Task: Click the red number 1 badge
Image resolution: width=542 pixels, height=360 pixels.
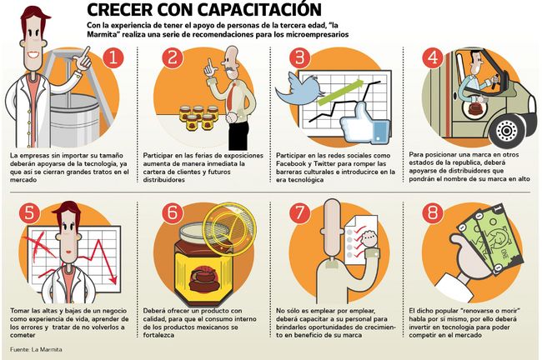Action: click(113, 57)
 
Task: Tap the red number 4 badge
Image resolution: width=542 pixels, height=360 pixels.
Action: click(433, 57)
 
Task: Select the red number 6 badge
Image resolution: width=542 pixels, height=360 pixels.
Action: click(172, 212)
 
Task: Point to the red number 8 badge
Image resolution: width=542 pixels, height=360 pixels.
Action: click(433, 212)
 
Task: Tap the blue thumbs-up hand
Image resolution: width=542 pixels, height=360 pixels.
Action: click(364, 123)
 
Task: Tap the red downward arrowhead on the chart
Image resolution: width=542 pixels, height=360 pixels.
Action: click(113, 279)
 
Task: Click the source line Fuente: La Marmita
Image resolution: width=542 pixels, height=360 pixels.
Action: click(36, 350)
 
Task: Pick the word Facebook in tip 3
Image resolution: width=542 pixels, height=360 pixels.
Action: click(290, 164)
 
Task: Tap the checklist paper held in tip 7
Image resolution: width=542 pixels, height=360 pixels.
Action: click(361, 239)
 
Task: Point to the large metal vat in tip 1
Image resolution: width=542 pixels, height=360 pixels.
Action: click(74, 119)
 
